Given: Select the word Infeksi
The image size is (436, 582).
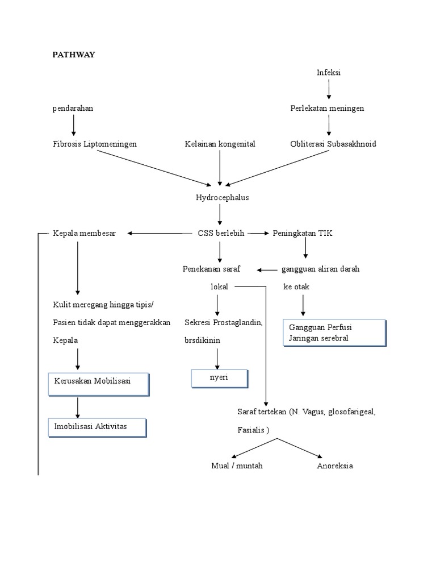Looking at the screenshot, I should [329, 73].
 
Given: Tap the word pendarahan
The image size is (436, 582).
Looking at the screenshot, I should [73, 109].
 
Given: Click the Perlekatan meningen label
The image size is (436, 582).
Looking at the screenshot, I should [327, 109].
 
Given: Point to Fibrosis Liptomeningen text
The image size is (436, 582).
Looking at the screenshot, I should [95, 144].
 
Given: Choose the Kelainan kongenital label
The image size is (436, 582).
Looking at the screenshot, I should [220, 144].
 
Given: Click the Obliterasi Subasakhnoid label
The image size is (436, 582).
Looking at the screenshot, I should [333, 144].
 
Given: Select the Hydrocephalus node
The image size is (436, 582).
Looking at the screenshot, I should [222, 198].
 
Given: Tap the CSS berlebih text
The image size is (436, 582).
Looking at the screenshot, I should [221, 233].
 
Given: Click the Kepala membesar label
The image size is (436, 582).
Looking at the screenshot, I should [84, 233].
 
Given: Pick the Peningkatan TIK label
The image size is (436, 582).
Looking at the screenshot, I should [303, 233].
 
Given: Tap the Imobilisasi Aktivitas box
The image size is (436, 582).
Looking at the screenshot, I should [97, 426].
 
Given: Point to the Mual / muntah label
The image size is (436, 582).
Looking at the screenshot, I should [237, 466].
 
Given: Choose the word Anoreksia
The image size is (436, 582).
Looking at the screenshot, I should [334, 466].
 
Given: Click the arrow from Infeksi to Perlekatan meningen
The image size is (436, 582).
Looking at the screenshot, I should [329, 90].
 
